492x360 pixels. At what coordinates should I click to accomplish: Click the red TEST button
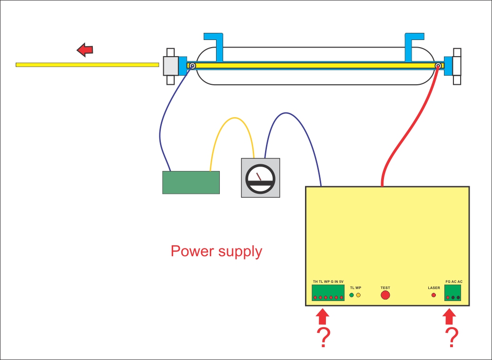coord(385,295)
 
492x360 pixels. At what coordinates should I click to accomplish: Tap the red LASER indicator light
coord(433,295)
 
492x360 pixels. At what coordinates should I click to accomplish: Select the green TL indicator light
coord(352,295)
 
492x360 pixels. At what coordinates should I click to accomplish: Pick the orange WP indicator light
coord(358,295)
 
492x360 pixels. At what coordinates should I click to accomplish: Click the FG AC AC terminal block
coord(453,294)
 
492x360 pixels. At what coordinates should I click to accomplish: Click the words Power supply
coord(216,251)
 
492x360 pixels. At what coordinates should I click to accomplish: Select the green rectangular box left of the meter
coord(191,182)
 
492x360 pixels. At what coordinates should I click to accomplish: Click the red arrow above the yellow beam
coord(85,49)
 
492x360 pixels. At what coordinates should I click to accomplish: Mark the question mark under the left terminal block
coord(323,338)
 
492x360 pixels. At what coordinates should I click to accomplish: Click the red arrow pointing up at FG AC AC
coord(449,318)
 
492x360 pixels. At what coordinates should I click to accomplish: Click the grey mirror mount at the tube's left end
coord(170,66)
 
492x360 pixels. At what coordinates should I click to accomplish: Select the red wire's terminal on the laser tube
coord(438,66)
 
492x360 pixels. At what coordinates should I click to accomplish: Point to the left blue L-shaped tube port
coord(215,45)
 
